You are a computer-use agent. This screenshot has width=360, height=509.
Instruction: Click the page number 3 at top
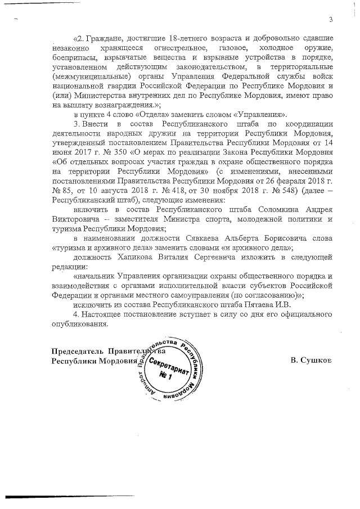click(x=331, y=21)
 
